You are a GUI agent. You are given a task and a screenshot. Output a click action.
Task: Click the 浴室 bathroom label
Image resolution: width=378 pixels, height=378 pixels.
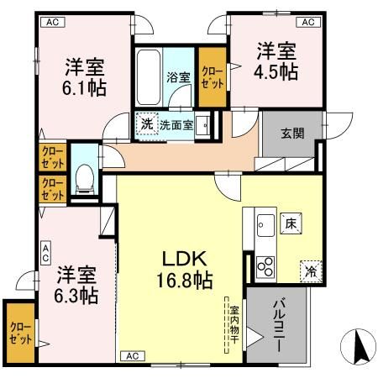178,78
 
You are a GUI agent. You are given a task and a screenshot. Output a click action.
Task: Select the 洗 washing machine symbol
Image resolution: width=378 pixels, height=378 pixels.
146,123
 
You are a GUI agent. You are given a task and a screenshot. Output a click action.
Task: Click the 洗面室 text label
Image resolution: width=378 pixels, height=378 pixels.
177,123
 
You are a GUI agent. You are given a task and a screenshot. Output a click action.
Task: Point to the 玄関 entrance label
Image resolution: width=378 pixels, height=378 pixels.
292,132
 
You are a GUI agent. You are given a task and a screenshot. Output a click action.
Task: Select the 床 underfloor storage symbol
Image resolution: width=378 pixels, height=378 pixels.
290,223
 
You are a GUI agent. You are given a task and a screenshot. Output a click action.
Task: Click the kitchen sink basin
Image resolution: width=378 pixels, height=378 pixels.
262,225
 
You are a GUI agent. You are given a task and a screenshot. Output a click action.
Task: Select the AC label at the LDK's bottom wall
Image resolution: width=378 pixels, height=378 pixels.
134,355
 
